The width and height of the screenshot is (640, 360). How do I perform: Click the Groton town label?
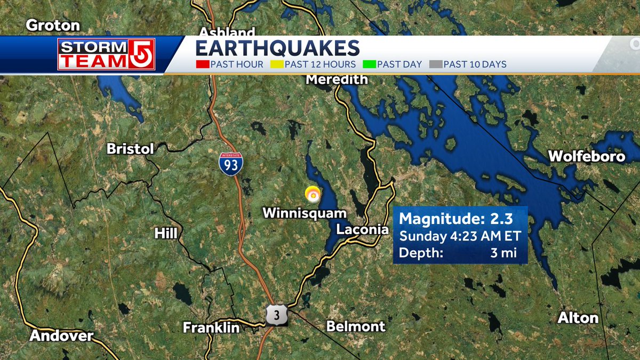coord(53,25)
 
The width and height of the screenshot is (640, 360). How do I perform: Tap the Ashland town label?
coord(227,31)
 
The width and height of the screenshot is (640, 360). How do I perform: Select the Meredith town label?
coord(337,79)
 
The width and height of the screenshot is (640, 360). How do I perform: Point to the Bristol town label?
coord(130,149)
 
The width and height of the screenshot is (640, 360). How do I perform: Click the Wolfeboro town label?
coord(587,156)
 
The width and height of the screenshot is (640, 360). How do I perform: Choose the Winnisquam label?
coord(305,213)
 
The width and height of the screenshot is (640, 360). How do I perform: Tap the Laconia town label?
coord(363,230)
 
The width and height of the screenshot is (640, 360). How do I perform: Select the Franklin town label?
coord(211,327)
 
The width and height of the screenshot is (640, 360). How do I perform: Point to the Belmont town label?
coord(356,326)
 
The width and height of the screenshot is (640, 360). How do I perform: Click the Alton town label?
coord(578,318)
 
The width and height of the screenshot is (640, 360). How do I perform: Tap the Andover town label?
coord(61,336)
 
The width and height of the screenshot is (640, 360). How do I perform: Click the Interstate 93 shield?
coord(230,164)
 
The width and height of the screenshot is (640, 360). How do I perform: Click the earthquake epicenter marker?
coord(313,195)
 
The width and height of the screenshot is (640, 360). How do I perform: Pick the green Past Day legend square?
coord(369,65)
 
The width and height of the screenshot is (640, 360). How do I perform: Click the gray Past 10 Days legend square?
coord(436,65)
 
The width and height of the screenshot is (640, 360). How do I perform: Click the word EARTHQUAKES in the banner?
coord(277,48)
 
